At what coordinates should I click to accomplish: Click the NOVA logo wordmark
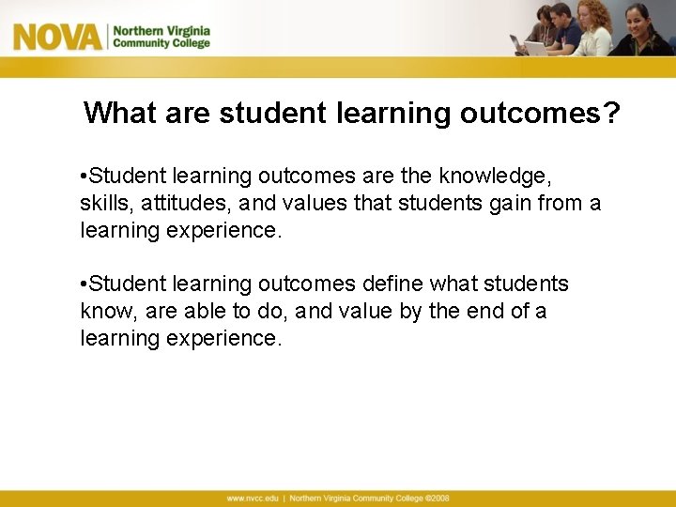tap(57, 37)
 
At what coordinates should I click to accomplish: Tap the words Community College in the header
tap(161, 43)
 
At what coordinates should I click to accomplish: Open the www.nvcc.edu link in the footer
tap(253, 498)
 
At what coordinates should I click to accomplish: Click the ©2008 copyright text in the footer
tap(436, 498)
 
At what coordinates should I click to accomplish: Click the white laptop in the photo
tap(535, 47)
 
